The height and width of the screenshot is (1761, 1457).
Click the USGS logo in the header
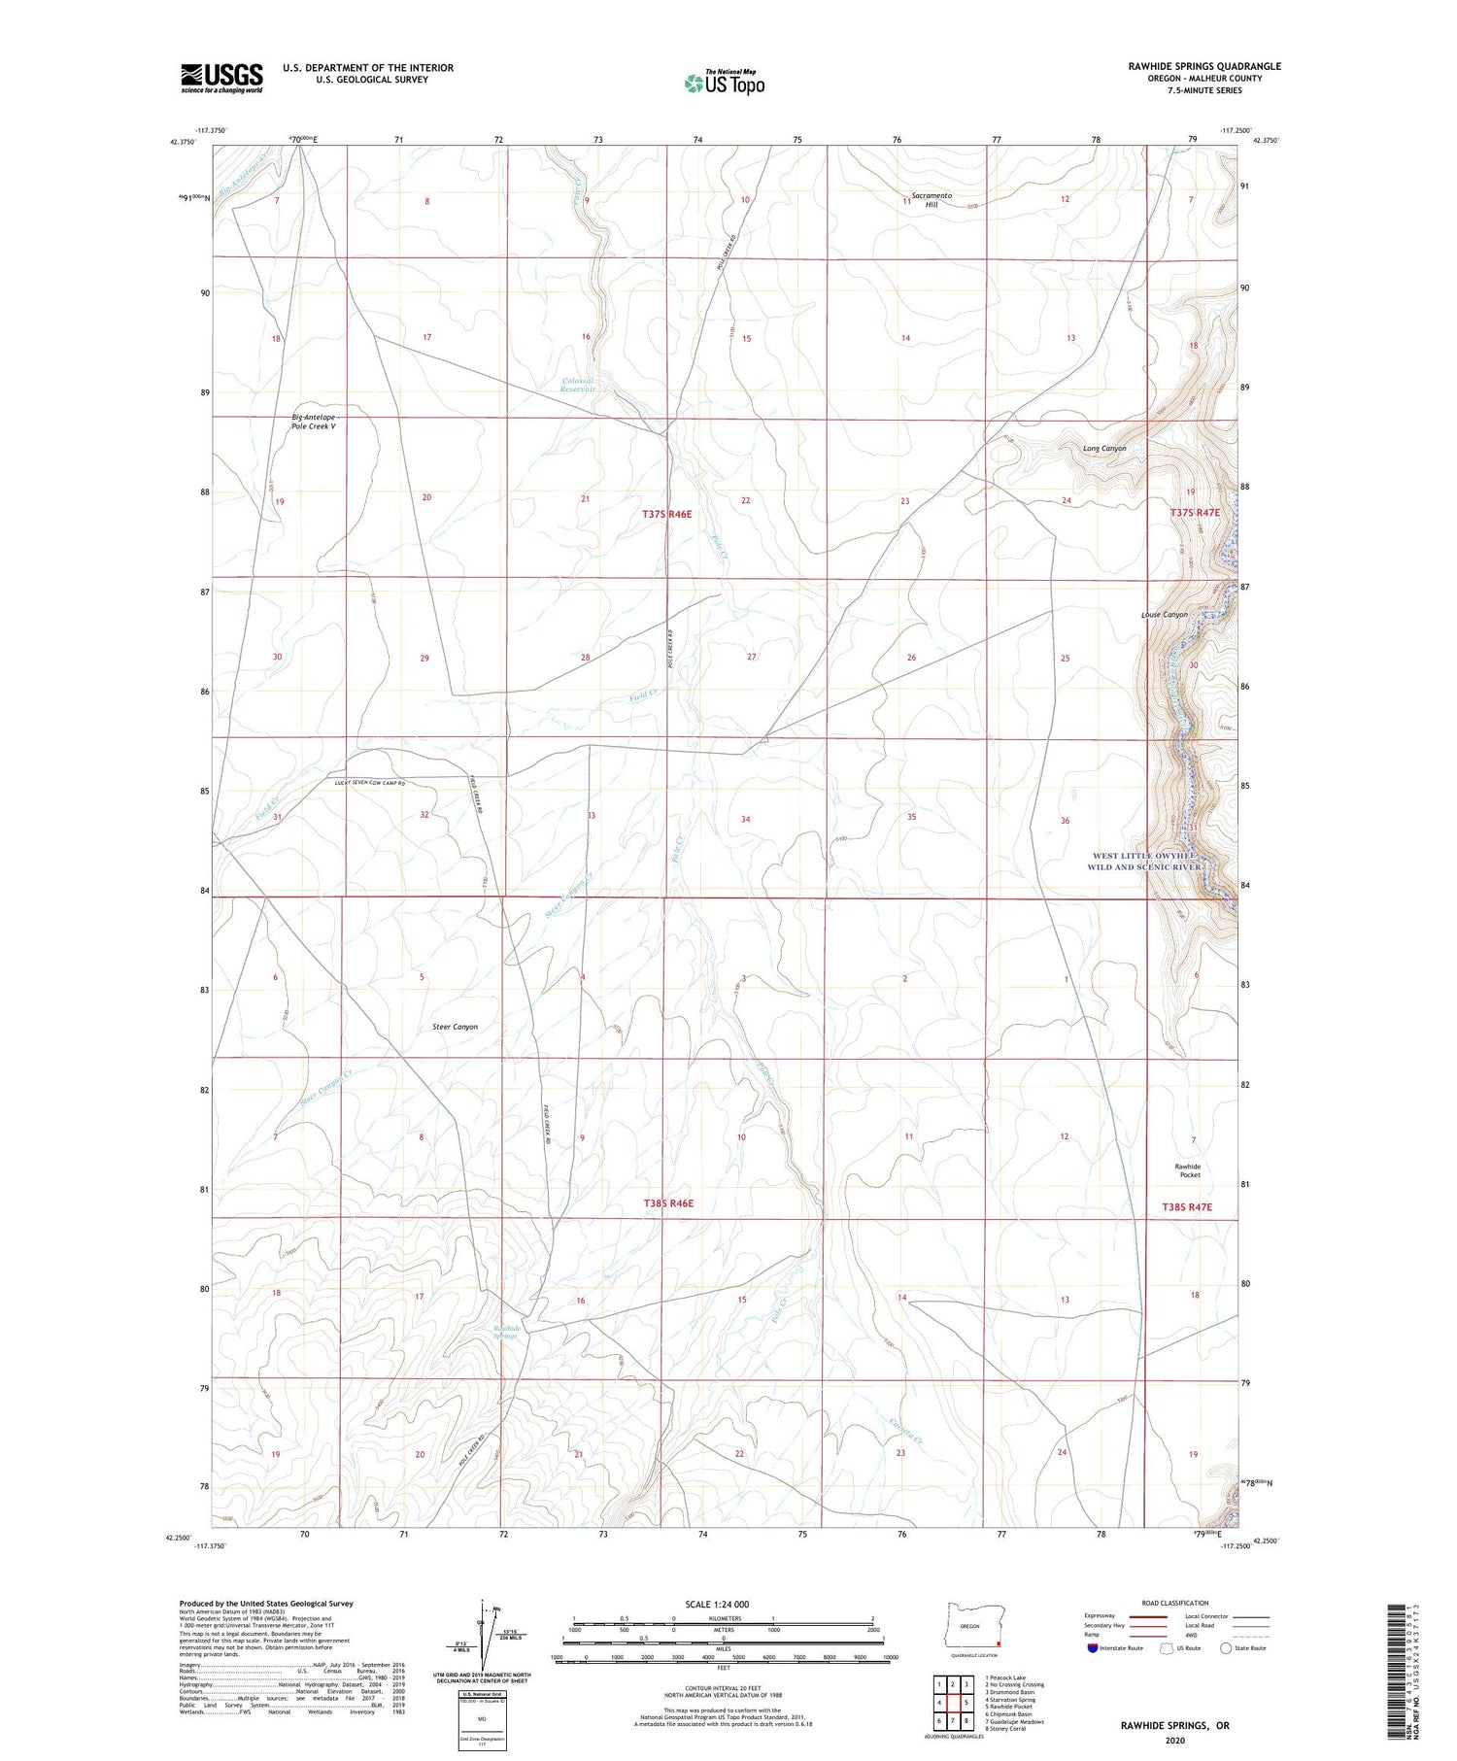(x=221, y=78)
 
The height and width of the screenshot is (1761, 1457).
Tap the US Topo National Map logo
(x=724, y=84)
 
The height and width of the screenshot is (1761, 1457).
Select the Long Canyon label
(x=1104, y=449)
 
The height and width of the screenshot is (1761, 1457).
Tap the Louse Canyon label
(x=1164, y=615)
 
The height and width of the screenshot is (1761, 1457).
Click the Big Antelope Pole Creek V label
(x=313, y=422)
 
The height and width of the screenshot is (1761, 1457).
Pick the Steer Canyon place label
(x=455, y=1027)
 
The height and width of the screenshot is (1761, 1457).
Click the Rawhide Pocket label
(x=1187, y=1170)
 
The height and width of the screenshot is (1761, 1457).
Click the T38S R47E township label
(x=1187, y=1206)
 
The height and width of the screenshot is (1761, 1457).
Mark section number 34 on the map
(x=745, y=819)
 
